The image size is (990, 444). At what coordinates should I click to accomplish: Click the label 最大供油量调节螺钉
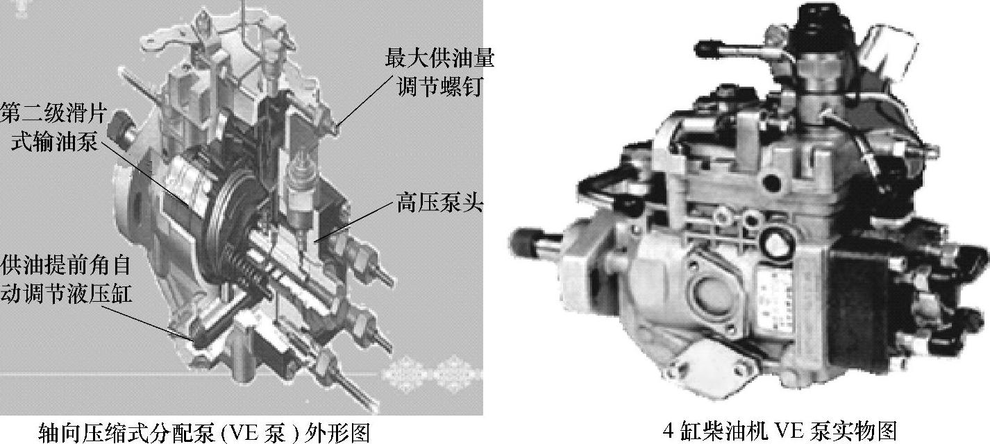(x=439, y=72)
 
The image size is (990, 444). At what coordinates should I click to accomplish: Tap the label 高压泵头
(x=439, y=204)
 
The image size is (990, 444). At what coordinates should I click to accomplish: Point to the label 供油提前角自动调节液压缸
(x=66, y=278)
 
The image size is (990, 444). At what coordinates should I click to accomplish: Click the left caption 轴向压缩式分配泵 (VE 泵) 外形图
(x=203, y=432)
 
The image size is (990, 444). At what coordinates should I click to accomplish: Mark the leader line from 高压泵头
(x=353, y=223)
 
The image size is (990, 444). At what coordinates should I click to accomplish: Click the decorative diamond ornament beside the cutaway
(x=431, y=374)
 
